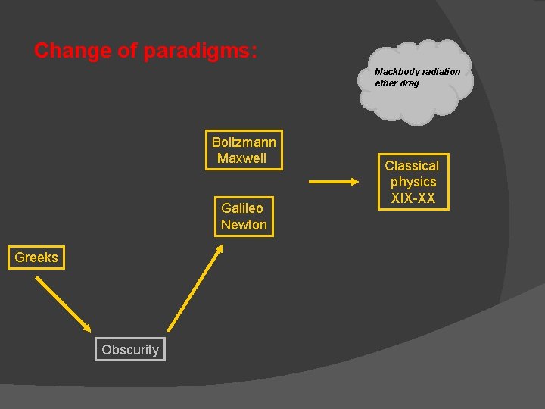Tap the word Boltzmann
(244, 142)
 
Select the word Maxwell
(242, 158)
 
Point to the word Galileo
(242, 208)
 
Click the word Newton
(244, 225)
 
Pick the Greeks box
(36, 258)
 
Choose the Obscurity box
(130, 349)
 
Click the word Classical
(412, 166)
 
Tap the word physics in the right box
(413, 183)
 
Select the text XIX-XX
(413, 198)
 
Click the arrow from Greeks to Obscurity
(63, 304)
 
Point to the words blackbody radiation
(417, 72)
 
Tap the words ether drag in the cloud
(397, 83)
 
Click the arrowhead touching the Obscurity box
(86, 326)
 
